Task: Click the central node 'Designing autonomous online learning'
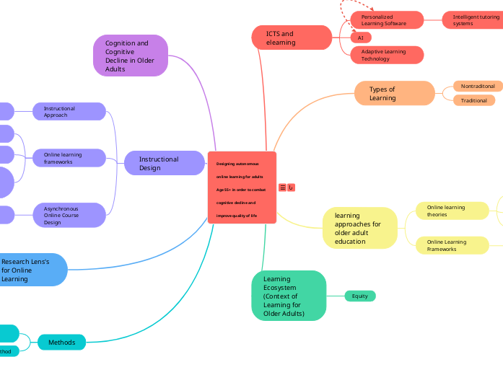pos(242,187)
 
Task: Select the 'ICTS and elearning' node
pos(292,37)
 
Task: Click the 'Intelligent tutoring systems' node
pos(473,20)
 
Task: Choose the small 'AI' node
pos(360,37)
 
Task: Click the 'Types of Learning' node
pos(394,94)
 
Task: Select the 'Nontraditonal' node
pos(477,86)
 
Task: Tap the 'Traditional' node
pos(474,100)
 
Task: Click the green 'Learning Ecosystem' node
pos(289,296)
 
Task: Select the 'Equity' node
pos(359,296)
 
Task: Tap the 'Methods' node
pos(61,343)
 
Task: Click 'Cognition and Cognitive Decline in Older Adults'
pos(131,56)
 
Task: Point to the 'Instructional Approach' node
pos(69,111)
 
